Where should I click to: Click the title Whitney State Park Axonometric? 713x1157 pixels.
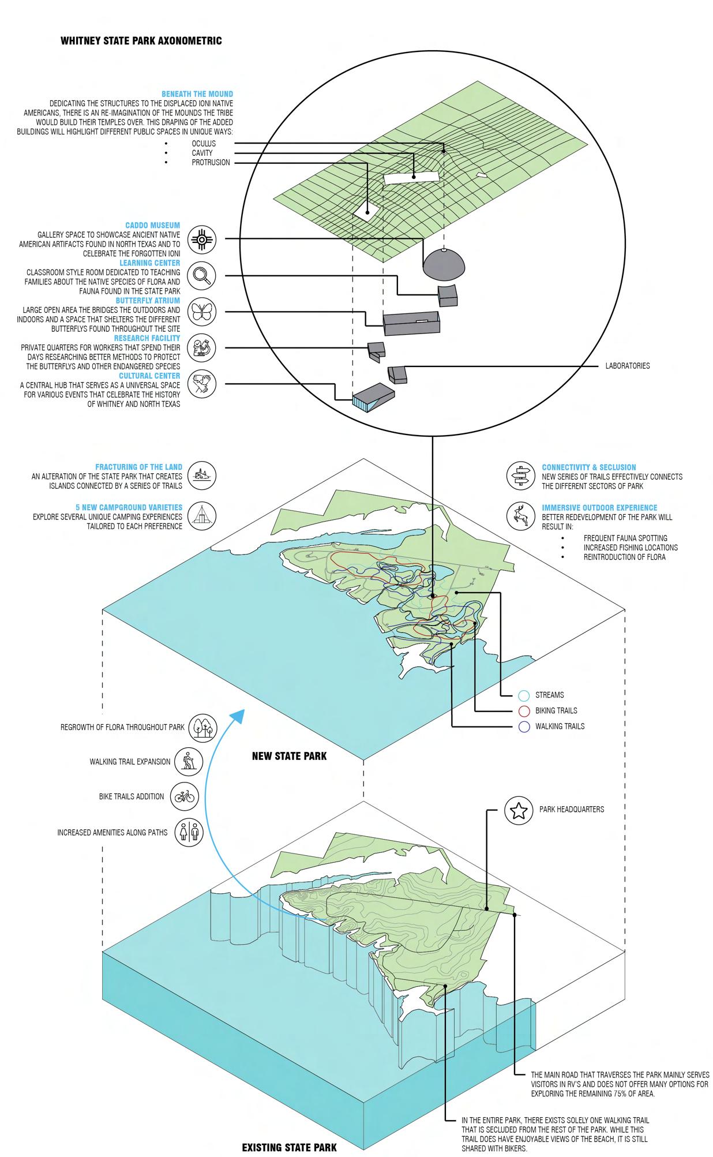[141, 41]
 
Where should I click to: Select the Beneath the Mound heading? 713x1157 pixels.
[197, 94]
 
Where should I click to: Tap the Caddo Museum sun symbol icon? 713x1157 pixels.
[202, 239]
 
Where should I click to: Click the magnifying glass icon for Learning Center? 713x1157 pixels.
[202, 276]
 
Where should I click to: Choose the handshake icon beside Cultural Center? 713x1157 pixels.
[202, 383]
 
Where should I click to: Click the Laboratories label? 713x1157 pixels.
[627, 366]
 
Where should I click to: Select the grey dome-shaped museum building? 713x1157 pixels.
[444, 265]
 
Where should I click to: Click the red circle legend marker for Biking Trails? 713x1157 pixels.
[524, 711]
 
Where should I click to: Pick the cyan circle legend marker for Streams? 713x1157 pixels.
[524, 695]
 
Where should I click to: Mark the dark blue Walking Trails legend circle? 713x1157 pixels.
[524, 727]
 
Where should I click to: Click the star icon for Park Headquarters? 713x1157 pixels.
[519, 810]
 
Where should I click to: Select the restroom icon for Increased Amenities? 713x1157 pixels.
[189, 833]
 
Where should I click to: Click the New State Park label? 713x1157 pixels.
[289, 756]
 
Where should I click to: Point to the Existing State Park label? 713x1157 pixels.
[289, 1148]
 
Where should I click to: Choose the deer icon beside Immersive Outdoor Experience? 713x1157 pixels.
[520, 515]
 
